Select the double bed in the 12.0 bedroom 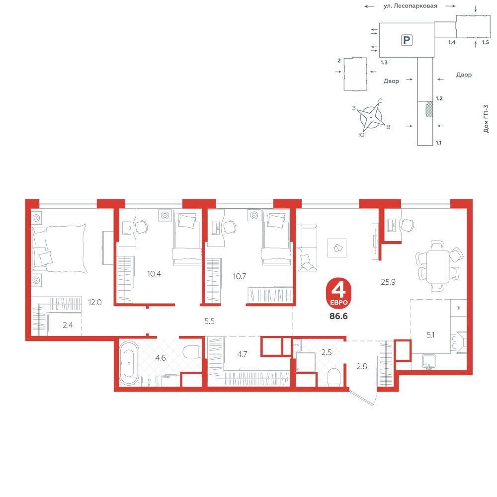click(59, 248)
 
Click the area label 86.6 click(338, 316)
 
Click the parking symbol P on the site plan click(407, 40)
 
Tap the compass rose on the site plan click(371, 117)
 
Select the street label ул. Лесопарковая click(410, 5)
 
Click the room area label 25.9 click(388, 282)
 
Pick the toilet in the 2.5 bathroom click(334, 378)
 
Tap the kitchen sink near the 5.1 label click(428, 362)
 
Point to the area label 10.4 click(154, 273)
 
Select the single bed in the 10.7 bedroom click(276, 238)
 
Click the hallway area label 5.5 click(209, 321)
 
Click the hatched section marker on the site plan click(429, 109)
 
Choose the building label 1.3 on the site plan click(384, 62)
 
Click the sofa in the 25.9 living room click(306, 248)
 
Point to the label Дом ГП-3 click(486, 119)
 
